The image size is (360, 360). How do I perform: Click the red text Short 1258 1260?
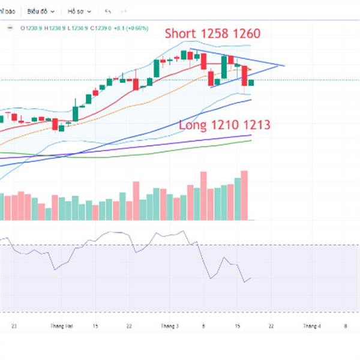213,33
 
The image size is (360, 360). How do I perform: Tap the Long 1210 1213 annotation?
224,125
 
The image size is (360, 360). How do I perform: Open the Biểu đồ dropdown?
41,11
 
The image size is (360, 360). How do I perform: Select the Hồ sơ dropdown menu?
79,11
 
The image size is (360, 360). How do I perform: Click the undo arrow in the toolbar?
108,11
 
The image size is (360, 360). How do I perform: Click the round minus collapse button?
10,27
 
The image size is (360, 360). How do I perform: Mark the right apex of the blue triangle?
284,65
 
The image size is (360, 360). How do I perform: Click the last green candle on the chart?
251,82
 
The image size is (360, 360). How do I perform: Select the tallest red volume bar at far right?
244,195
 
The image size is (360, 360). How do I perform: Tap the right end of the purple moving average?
250,136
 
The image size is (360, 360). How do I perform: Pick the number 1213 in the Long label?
258,125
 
